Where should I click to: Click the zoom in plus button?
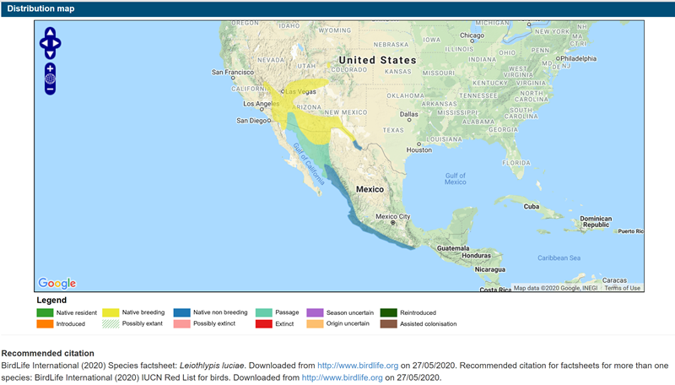pos(50,68)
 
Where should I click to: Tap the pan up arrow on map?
pos(50,32)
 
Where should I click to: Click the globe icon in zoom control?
pos(50,80)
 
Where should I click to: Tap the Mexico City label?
pos(392,217)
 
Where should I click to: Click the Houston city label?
pos(419,150)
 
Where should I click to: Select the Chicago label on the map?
pos(477,35)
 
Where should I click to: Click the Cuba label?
pos(532,207)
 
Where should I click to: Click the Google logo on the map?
pos(57,284)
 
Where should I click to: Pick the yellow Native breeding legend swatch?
pos(111,312)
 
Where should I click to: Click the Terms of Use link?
pos(622,288)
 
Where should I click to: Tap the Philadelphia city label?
pos(575,58)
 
